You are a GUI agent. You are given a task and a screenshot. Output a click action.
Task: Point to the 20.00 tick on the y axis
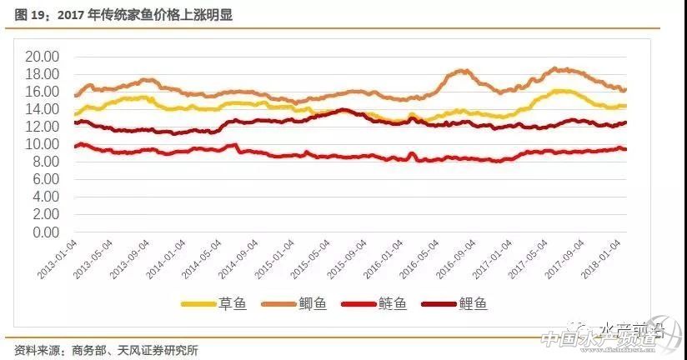click(42, 57)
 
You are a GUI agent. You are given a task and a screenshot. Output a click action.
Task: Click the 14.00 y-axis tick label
click(42, 109)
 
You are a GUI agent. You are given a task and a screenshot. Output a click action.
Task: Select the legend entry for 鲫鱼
click(293, 304)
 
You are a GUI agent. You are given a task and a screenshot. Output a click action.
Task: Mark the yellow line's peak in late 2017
click(560, 91)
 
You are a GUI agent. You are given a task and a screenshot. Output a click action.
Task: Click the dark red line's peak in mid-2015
click(343, 110)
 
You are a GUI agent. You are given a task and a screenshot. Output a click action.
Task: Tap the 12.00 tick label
click(42, 127)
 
